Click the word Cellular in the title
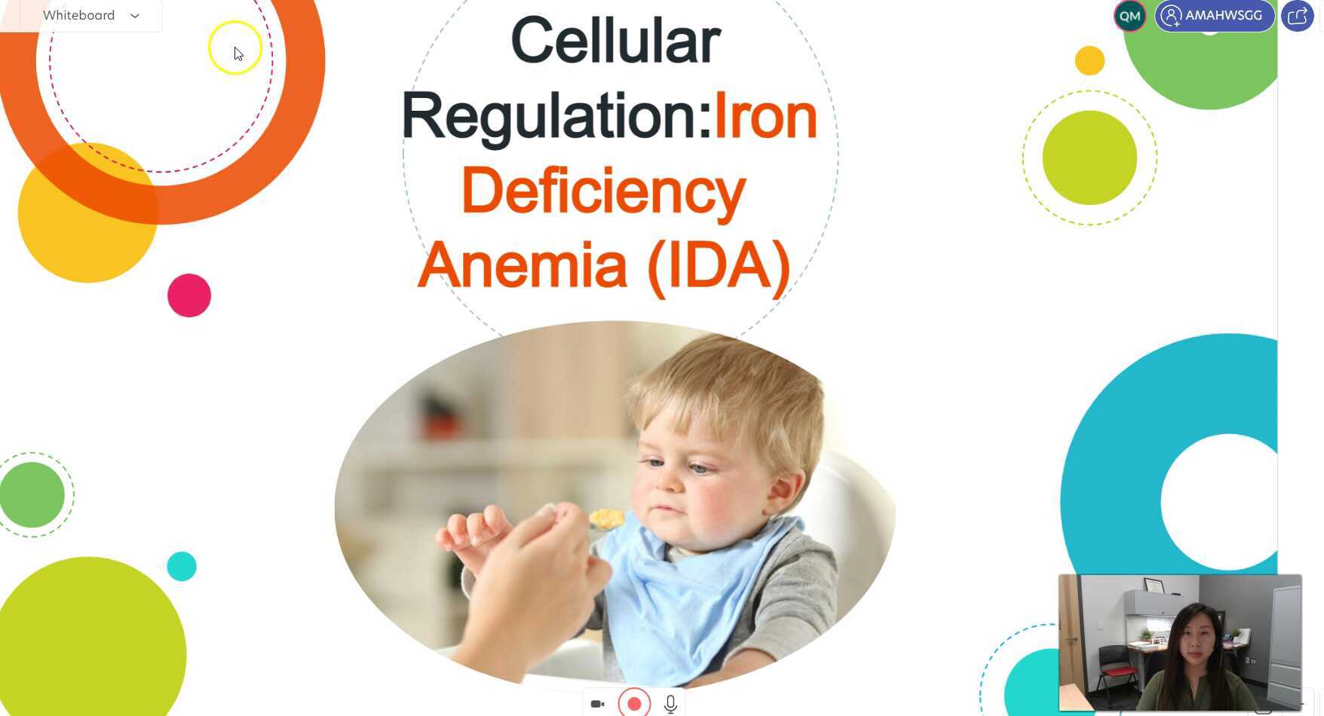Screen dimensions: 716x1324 click(615, 41)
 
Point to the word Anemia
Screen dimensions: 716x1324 click(522, 265)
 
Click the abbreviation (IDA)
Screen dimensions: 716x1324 click(719, 265)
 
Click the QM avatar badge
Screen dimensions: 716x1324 click(1129, 16)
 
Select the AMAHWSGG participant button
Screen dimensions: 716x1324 click(1214, 16)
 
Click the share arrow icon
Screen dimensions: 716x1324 click(1297, 16)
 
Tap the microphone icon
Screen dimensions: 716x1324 click(670, 704)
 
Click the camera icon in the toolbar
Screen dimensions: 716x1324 click(597, 704)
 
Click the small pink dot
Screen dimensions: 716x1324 click(189, 295)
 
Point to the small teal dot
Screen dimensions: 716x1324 click(182, 566)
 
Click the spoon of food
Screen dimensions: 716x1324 click(606, 519)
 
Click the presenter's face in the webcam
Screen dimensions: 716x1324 click(1196, 647)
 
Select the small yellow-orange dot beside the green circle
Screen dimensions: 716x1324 click(1090, 60)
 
